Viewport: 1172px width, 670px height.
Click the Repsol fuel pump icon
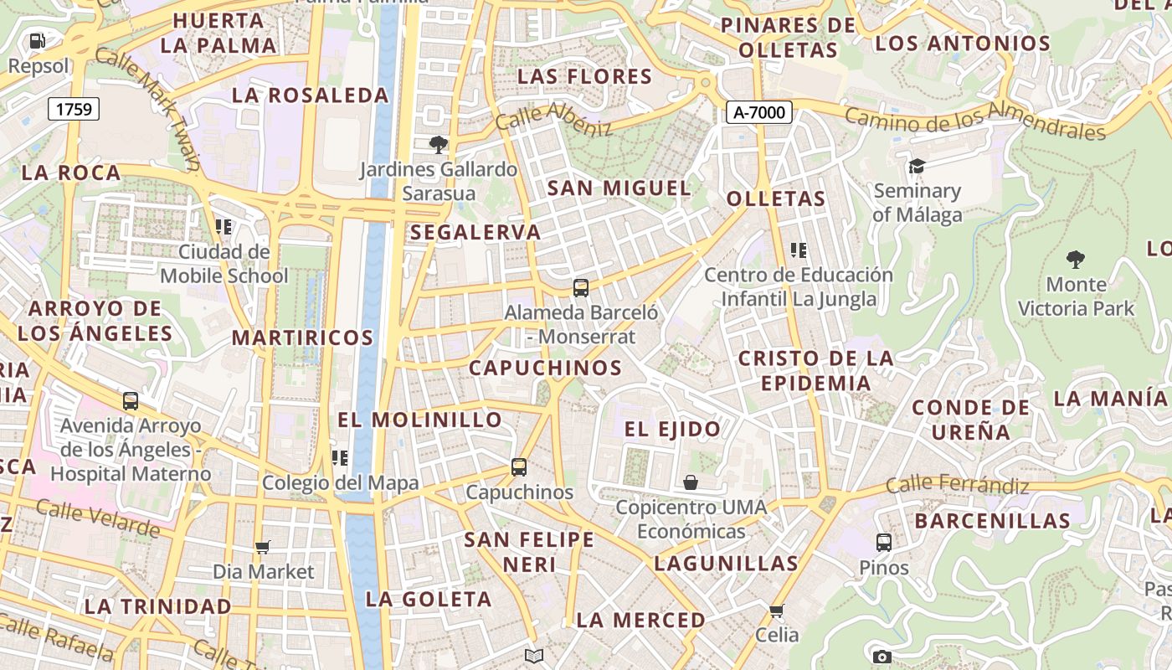pos(38,40)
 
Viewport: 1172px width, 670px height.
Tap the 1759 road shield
pos(74,108)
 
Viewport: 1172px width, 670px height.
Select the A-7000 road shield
pos(758,112)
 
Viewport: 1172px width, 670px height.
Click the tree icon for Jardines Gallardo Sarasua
pos(438,145)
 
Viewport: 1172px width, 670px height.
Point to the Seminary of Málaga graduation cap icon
pos(917,166)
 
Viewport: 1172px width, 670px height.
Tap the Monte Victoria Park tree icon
pos(1076,260)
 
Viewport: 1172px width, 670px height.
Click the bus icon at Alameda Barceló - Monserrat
pos(581,288)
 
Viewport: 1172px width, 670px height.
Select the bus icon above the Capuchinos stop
pos(519,467)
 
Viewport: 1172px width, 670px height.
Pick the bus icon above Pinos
pos(884,543)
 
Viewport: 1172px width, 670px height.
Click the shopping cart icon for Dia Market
pos(263,548)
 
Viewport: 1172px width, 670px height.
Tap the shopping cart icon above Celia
pos(777,611)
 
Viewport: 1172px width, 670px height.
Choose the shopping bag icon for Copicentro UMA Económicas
pos(691,482)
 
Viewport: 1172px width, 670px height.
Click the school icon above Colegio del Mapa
pos(340,458)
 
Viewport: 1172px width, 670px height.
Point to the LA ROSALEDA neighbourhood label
pos(310,95)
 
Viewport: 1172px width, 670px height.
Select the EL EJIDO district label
pos(672,430)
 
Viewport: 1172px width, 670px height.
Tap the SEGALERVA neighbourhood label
pos(475,233)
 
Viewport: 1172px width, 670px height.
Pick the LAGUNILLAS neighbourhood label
pos(726,563)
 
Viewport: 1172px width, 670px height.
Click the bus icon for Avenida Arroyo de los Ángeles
pos(131,401)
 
